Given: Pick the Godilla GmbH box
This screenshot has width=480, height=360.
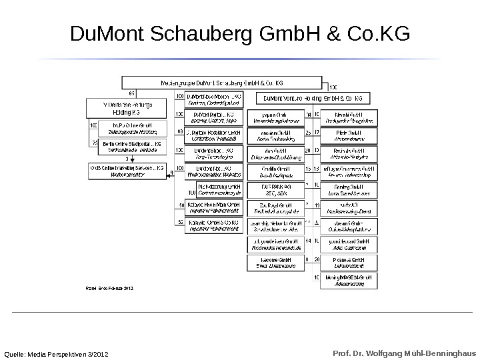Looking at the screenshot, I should coord(275,172).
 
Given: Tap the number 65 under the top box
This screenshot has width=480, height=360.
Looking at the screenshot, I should coord(131,93).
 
